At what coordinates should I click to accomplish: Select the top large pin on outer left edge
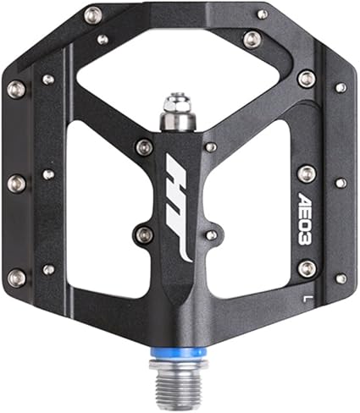click(15, 87)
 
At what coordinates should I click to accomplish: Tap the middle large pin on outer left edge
click(15, 182)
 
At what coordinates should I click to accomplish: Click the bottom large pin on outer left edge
click(15, 276)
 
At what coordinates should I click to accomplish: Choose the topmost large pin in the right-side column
click(307, 79)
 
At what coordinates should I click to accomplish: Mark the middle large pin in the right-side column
click(307, 173)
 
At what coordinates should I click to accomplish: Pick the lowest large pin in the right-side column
click(307, 268)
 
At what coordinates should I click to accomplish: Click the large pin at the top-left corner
click(93, 14)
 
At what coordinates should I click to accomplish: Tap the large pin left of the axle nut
click(145, 146)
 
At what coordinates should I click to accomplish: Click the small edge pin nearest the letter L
click(340, 278)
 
